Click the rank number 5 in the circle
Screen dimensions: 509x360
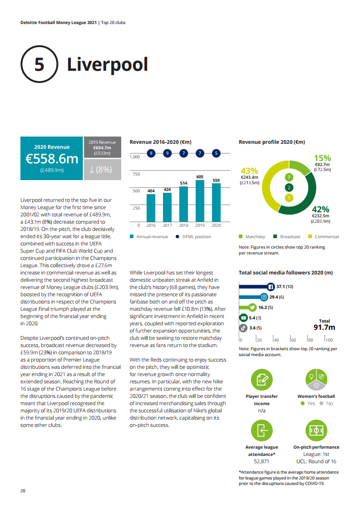click(39, 64)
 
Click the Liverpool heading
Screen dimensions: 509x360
click(108, 64)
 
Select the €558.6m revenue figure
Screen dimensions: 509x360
click(52, 159)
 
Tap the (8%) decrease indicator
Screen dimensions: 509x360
click(102, 170)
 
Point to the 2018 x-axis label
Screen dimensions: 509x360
click(183, 225)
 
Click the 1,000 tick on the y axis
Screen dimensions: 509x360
click(135, 157)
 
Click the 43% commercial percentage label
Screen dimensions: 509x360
click(249, 171)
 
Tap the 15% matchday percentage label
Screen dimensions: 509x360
click(322, 158)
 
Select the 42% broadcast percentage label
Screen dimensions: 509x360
click(321, 209)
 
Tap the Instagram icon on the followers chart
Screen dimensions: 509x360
click(263, 297)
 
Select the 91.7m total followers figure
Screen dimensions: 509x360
click(324, 328)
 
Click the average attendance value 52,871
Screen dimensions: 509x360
click(261, 461)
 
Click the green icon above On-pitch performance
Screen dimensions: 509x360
click(316, 431)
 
